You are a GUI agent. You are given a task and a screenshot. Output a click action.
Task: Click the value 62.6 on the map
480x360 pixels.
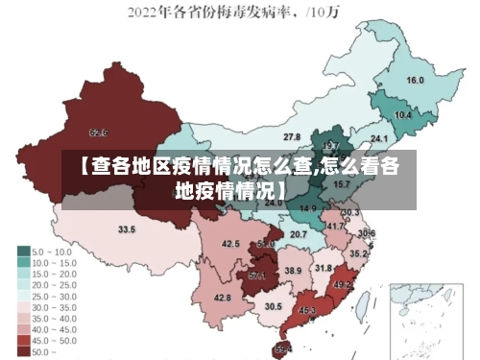coord(98,132)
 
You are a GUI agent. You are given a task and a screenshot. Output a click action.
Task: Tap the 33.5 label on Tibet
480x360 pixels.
coord(127,229)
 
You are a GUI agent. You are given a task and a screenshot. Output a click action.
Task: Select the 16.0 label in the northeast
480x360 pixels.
coord(416,81)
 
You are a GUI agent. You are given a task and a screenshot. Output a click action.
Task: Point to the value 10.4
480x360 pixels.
coord(403,114)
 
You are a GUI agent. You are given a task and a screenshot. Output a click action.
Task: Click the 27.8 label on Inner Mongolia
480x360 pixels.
coord(292,137)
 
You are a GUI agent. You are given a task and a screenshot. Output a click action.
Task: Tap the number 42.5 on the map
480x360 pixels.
coord(230,244)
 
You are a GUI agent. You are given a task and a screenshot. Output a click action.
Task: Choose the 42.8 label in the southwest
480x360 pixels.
coord(222,298)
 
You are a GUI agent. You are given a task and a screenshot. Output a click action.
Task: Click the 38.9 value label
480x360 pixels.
coord(293,271)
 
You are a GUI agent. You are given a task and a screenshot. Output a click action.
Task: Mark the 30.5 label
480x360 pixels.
coord(274,306)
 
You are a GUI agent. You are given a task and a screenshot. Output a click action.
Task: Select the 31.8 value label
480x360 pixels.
coord(324,268)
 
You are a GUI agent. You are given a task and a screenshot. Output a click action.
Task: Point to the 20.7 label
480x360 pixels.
coord(299,233)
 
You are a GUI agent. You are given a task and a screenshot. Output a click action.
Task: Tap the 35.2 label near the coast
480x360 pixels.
coord(357,253)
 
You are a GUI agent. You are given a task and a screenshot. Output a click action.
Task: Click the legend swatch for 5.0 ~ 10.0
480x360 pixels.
coord(23,251)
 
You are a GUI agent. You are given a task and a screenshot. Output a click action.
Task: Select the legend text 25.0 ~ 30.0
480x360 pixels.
coord(55,296)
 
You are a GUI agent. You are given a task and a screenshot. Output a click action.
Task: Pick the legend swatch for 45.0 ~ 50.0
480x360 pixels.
coord(23,341)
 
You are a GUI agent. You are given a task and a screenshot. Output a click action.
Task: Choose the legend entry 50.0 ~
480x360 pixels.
coord(44,352)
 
